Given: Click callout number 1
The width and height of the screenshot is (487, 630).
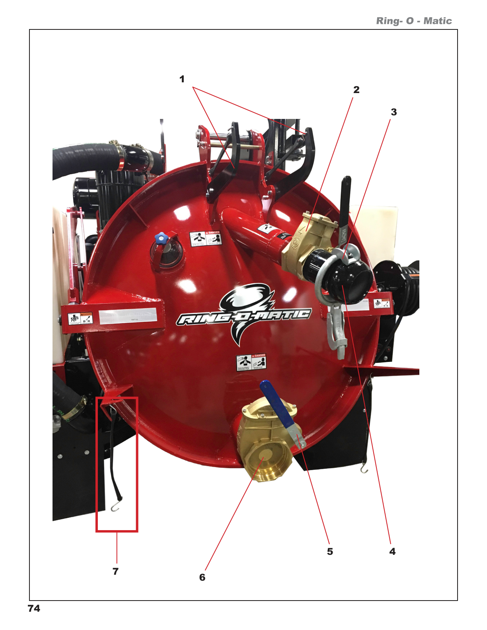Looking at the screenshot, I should [x=182, y=79].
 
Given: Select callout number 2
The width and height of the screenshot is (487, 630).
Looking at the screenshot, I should [x=356, y=90].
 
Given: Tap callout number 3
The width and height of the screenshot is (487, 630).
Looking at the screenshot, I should [x=393, y=112].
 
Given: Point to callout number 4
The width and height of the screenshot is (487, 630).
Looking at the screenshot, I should [x=392, y=552].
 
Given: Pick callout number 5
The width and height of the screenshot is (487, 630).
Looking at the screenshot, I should [x=330, y=552].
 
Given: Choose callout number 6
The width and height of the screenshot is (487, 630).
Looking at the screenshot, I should [x=202, y=577].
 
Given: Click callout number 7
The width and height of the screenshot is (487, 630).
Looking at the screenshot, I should [x=115, y=572].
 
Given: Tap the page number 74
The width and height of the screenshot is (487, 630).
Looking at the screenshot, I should [x=34, y=609].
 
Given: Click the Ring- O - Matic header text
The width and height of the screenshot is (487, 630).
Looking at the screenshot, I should [x=414, y=21].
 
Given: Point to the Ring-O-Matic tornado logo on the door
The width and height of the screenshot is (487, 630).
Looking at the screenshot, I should [x=244, y=314].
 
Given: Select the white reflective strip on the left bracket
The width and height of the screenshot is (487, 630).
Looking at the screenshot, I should [x=127, y=317].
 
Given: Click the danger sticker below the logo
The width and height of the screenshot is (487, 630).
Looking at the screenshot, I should [x=251, y=362].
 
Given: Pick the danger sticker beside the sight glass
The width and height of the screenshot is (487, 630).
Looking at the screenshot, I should [x=205, y=239].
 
